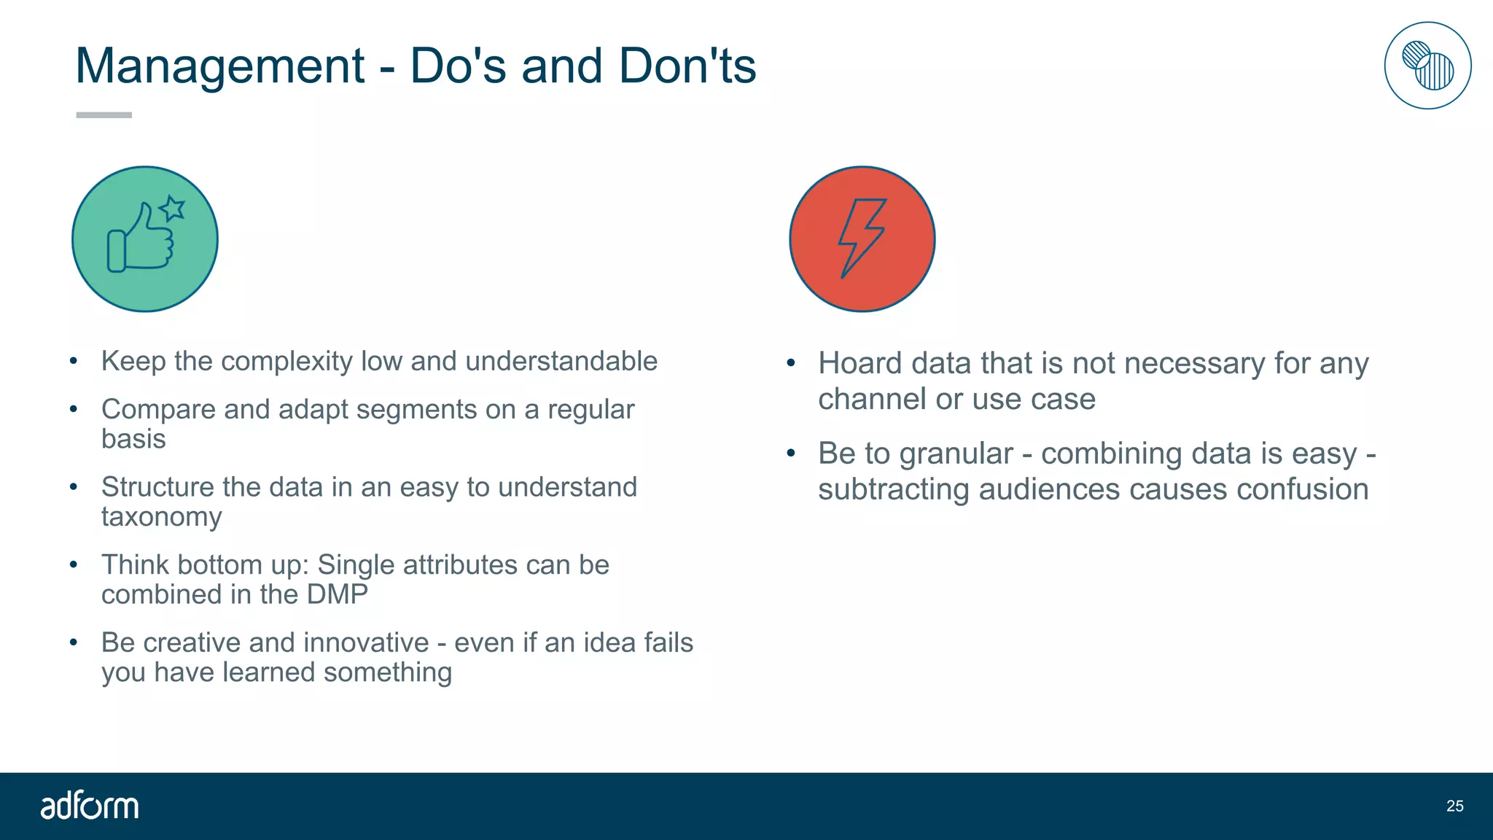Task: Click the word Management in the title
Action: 219,66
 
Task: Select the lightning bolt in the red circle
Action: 861,238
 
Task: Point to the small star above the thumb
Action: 173,209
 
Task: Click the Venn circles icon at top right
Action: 1427,66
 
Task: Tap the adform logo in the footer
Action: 89,806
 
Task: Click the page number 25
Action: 1454,806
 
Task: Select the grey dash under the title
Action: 104,115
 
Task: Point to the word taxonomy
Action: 161,517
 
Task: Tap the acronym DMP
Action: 337,594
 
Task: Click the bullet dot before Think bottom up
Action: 74,564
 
